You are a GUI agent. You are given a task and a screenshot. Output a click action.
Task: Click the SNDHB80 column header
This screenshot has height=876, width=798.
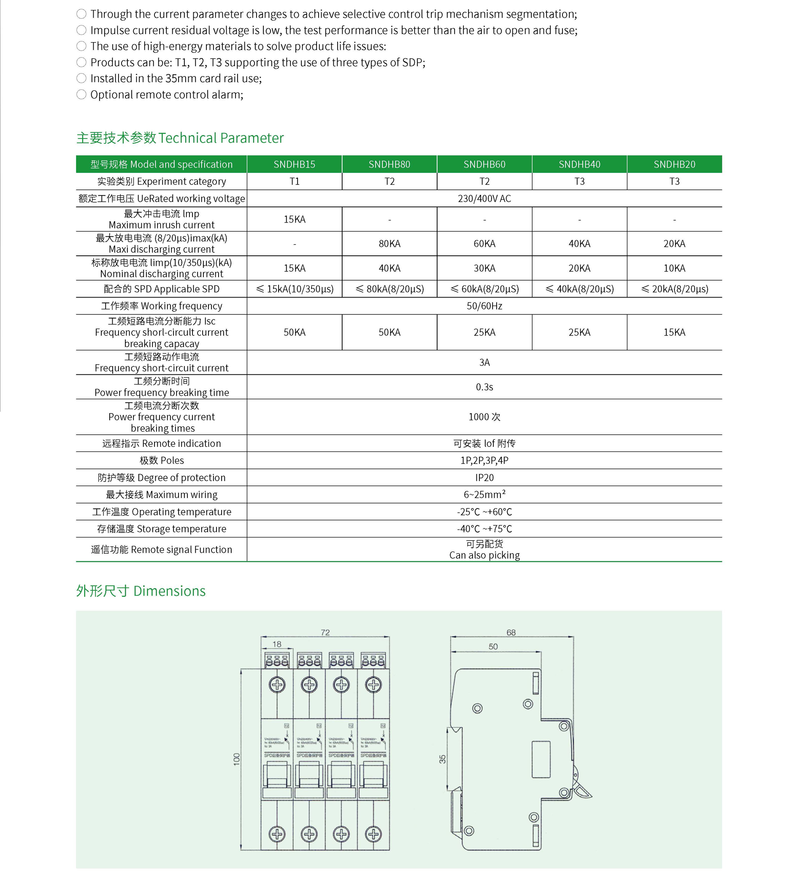coord(390,164)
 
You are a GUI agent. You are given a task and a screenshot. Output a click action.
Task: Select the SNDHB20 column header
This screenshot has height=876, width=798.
coord(674,164)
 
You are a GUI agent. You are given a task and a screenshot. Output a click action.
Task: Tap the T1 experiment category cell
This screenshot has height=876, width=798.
coord(294,181)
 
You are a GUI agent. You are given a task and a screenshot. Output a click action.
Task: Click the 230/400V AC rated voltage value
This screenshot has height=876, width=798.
coord(484,199)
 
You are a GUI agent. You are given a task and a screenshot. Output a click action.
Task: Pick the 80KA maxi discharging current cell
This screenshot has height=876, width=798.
coord(390,244)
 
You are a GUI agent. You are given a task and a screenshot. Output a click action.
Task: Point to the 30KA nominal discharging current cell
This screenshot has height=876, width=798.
coord(484,268)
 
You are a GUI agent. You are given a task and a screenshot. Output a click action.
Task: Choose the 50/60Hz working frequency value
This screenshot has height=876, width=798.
coord(484,306)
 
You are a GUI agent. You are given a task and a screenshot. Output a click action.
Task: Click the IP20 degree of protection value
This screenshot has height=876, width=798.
coord(484,478)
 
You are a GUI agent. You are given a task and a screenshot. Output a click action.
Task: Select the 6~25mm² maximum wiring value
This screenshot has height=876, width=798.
coord(484,495)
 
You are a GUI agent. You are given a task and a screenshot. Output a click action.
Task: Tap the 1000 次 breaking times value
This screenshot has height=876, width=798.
coord(484,417)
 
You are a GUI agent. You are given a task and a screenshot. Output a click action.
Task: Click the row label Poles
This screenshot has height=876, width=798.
coord(161,461)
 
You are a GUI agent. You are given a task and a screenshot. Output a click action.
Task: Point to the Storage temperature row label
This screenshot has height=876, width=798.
coord(161,529)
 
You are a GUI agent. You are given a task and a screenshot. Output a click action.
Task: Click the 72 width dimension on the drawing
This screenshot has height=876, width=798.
coord(325,633)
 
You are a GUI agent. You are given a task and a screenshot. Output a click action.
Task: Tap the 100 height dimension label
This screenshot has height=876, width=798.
coord(236,759)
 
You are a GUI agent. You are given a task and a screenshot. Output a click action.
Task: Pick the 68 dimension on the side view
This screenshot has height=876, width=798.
coord(511,633)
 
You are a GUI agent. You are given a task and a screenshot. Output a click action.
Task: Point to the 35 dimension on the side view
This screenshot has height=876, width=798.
coord(442,759)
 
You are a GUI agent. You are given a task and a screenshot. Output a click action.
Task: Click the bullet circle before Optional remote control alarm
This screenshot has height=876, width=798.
coord(81,94)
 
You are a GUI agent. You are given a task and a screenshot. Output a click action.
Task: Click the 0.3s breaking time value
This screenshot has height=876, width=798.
coord(484,387)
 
